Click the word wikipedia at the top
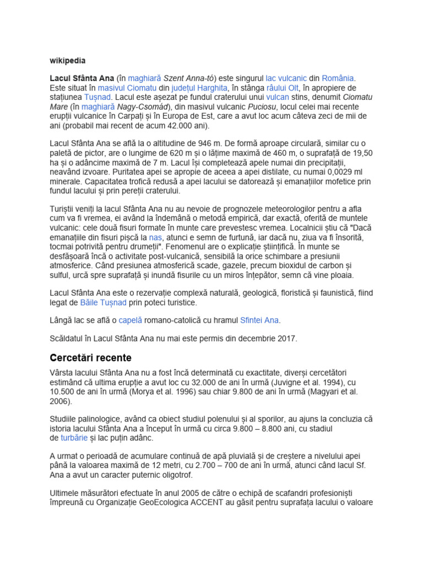68,60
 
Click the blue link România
338,78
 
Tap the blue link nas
155,237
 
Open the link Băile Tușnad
104,302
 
